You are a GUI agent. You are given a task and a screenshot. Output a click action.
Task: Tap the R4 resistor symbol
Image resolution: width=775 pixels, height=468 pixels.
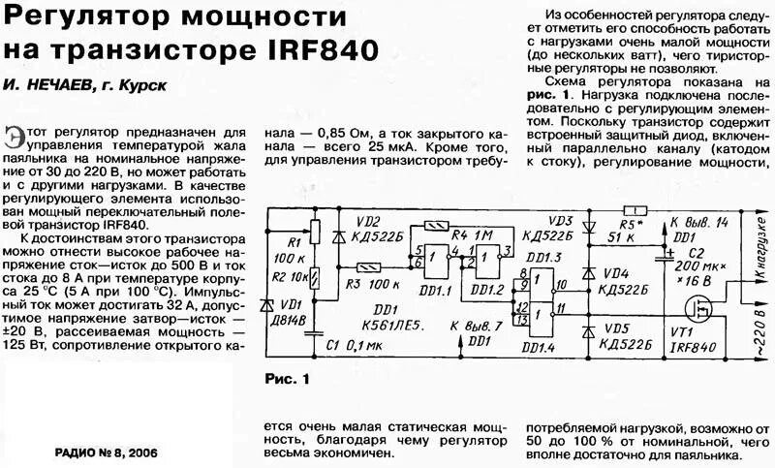click(x=438, y=226)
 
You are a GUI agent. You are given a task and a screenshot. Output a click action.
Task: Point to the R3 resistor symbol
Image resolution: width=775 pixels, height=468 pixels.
click(x=368, y=267)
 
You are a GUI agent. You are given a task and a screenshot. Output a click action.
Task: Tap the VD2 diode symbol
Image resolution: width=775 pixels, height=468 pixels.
click(x=336, y=235)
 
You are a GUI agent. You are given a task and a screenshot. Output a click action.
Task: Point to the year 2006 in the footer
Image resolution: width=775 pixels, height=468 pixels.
click(x=137, y=452)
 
